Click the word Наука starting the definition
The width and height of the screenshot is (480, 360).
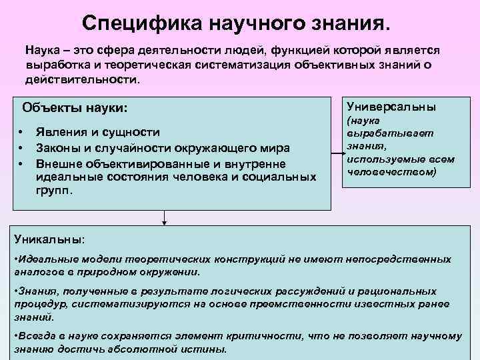click(43, 51)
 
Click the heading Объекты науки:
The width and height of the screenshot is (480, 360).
click(74, 107)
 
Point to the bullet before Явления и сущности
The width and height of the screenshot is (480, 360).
click(22, 132)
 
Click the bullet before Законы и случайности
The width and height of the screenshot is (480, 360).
click(22, 147)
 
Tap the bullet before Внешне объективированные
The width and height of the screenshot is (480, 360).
click(22, 163)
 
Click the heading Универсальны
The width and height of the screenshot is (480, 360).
click(391, 106)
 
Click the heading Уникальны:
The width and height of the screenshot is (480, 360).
click(49, 238)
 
